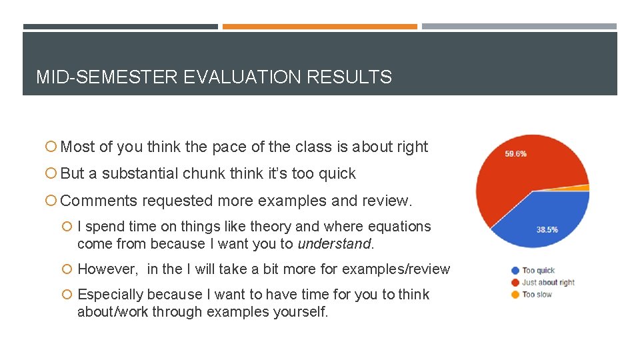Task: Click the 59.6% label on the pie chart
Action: (x=515, y=153)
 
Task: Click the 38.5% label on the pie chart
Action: (x=547, y=230)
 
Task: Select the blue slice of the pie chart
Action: (x=547, y=213)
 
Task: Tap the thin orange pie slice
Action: (x=584, y=188)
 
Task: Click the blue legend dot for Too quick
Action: (x=515, y=271)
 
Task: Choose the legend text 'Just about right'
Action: (x=548, y=283)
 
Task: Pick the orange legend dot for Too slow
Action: (x=515, y=295)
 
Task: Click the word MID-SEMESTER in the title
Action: (x=107, y=77)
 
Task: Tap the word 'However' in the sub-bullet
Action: (x=107, y=269)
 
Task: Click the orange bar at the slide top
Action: (x=319, y=27)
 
